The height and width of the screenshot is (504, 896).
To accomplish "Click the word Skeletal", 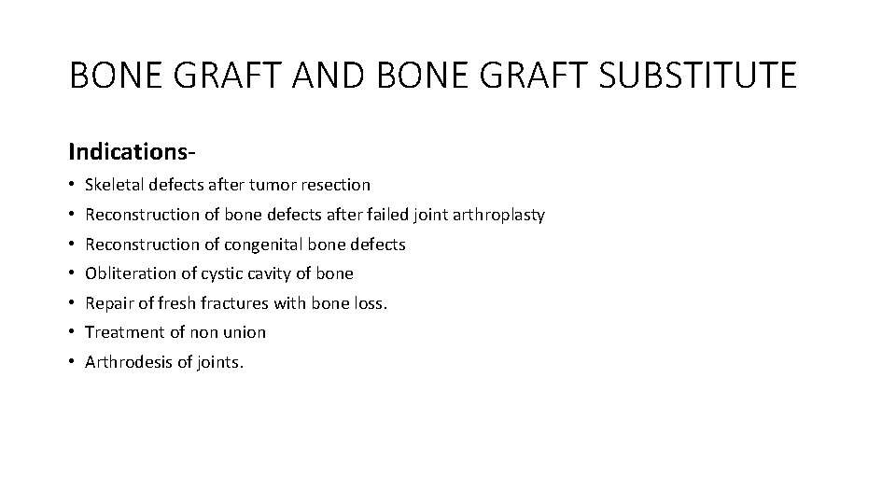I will click(113, 185).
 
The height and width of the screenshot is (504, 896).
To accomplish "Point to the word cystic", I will click(217, 273).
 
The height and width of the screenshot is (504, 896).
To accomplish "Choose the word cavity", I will click(267, 273).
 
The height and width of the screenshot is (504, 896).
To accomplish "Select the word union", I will click(245, 332).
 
